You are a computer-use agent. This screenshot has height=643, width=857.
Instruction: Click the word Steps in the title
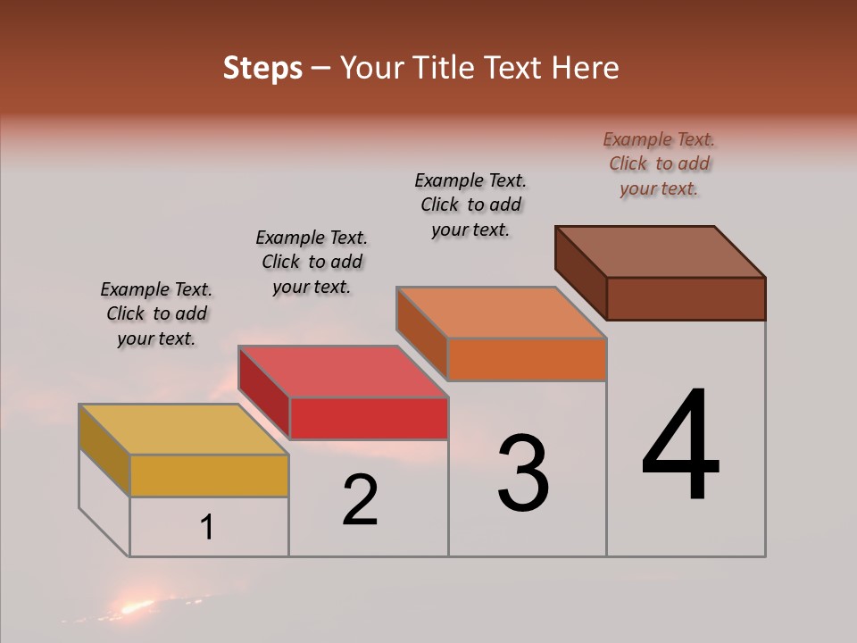click(262, 68)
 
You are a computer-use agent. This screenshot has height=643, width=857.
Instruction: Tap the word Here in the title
click(586, 68)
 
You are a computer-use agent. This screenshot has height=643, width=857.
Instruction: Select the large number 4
click(680, 446)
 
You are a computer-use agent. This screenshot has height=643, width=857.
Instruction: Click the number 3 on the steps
click(523, 472)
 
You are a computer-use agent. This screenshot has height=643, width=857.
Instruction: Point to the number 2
click(361, 500)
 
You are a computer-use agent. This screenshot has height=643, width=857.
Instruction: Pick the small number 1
click(207, 528)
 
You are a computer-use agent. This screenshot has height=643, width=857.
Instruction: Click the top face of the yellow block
click(183, 430)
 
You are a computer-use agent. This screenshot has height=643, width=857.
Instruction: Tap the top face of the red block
click(343, 372)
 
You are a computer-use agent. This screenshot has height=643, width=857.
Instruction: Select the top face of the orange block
click(501, 313)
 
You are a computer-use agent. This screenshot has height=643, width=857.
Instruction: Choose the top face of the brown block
click(661, 252)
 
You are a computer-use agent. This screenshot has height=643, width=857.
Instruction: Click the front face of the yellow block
click(209, 475)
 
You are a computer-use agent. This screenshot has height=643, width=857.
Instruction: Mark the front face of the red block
click(369, 418)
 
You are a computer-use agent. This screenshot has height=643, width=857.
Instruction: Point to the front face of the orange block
click(527, 359)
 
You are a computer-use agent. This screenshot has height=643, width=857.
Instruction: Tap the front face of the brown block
click(686, 298)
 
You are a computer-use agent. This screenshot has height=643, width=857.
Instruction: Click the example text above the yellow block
click(156, 313)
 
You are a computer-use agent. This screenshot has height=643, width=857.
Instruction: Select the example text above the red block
click(312, 262)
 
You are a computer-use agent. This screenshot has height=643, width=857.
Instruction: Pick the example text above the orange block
click(470, 205)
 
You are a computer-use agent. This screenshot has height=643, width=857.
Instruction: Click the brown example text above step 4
click(659, 163)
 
